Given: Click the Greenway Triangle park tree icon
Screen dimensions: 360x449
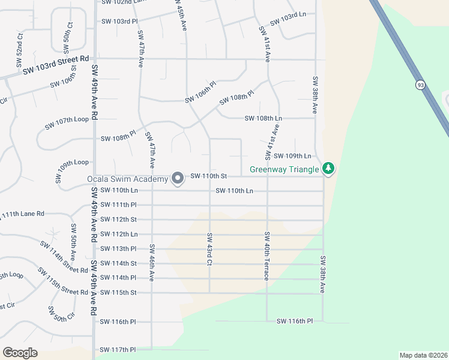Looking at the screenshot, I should click(x=328, y=169).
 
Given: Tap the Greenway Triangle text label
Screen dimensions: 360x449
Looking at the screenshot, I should click(x=285, y=169).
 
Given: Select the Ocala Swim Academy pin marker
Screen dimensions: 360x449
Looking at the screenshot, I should click(x=178, y=178).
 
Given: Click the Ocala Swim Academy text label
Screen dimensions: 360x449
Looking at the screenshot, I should click(x=128, y=179).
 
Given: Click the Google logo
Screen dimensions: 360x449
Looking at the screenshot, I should click(x=20, y=352).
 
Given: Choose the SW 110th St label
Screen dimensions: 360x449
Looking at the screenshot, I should click(x=208, y=176).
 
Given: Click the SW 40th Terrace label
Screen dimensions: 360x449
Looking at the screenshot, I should click(x=266, y=256).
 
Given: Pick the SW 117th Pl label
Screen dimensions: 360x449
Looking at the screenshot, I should click(x=118, y=349).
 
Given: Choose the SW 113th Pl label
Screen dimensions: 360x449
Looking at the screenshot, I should click(x=118, y=248).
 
